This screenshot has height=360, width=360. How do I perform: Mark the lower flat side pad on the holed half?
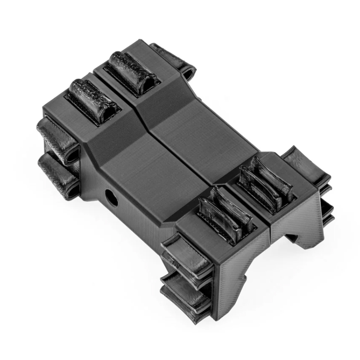[x=182, y=292]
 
